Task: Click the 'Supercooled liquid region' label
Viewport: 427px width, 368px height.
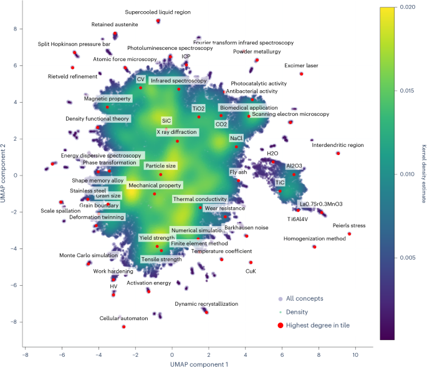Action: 158,12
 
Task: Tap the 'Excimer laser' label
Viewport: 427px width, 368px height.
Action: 301,65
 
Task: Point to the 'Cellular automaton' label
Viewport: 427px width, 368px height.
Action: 124,318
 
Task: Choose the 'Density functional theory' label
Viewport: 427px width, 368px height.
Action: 97,118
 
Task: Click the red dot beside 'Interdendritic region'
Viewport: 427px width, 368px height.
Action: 338,153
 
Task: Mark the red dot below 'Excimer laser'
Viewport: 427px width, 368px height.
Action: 301,73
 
